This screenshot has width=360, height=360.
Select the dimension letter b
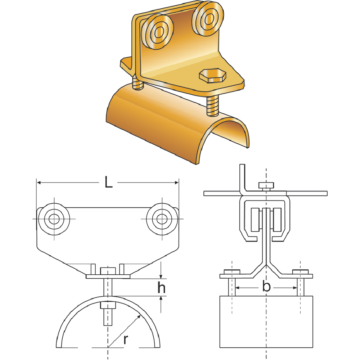click(266, 287)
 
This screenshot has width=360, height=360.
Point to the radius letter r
click(125, 339)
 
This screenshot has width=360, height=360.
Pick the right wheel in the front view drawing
click(162, 219)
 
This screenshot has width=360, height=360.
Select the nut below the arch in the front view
click(108, 306)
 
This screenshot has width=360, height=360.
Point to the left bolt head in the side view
click(232, 271)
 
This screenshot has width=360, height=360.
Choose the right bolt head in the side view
click(301, 271)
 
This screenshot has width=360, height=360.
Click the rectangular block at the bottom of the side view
click(266, 321)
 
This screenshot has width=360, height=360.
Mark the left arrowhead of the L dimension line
click(39, 183)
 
